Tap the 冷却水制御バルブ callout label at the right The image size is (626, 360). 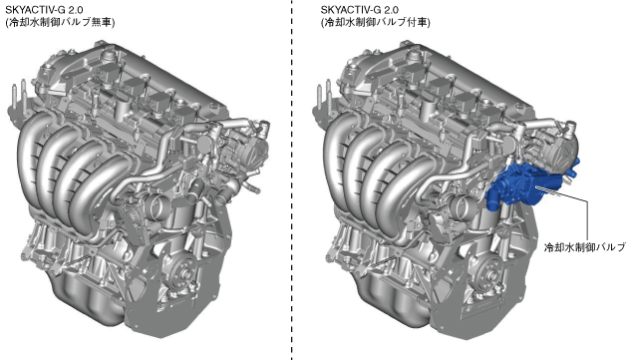(x=585, y=247)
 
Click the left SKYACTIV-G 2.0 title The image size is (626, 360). (x=44, y=10)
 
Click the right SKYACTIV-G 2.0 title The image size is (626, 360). (x=359, y=10)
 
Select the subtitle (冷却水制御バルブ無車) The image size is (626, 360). (x=60, y=22)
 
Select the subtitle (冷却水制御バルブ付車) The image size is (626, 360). (x=375, y=22)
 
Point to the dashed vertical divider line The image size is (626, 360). (x=291, y=180)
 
